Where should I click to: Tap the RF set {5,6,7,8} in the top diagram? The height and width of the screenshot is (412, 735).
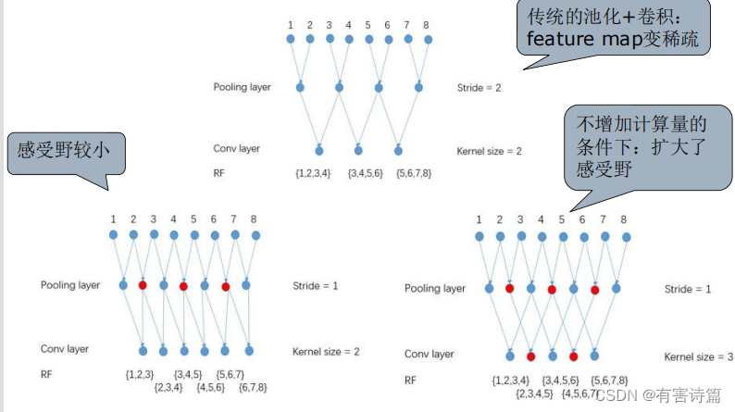(413, 173)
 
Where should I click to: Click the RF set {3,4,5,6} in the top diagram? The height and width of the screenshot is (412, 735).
(365, 173)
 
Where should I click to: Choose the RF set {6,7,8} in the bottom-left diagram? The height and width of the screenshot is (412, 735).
(253, 387)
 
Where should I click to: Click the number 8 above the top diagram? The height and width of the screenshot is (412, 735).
(428, 24)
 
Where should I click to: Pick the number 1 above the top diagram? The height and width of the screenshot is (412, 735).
(290, 24)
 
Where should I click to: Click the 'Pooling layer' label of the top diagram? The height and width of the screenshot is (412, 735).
(242, 87)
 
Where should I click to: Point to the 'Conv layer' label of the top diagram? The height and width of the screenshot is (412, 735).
(236, 148)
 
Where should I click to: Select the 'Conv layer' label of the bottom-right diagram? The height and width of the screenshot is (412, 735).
(429, 355)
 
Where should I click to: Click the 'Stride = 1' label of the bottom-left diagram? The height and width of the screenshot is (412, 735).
(315, 285)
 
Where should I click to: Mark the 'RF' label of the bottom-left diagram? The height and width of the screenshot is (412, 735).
(46, 374)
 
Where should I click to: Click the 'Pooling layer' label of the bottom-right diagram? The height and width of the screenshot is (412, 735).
(434, 289)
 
